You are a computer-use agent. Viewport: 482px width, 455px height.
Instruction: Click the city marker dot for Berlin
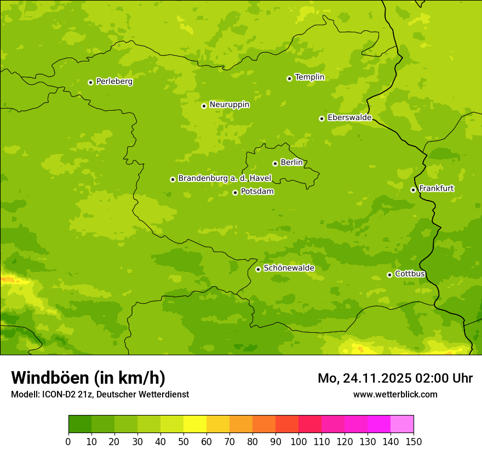pyautogui.click(x=275, y=163)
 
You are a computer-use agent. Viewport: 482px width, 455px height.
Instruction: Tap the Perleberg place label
pyautogui.click(x=114, y=82)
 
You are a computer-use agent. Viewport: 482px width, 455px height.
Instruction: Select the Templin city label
pyautogui.click(x=309, y=77)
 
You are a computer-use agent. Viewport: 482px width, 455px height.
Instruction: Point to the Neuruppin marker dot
pyautogui.click(x=204, y=106)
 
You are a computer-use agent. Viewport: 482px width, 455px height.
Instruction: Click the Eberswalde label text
pyautogui.click(x=349, y=118)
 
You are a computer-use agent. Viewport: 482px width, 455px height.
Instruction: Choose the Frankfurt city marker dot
pyautogui.click(x=413, y=190)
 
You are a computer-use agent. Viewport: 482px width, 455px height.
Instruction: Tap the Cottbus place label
pyautogui.click(x=410, y=274)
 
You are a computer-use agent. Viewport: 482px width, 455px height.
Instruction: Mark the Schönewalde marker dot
pyautogui.click(x=258, y=269)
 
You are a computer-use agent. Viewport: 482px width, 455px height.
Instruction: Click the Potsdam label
pyautogui.click(x=257, y=192)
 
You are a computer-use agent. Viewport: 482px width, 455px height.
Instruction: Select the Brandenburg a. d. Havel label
pyautogui.click(x=225, y=179)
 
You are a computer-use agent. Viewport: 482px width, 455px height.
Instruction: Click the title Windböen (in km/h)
pyautogui.click(x=88, y=378)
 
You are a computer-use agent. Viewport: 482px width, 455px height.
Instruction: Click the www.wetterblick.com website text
pyautogui.click(x=395, y=394)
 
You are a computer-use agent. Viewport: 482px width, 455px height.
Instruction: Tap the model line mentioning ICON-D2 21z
pyautogui.click(x=100, y=394)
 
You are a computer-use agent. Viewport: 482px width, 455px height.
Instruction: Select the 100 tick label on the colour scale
pyautogui.click(x=299, y=442)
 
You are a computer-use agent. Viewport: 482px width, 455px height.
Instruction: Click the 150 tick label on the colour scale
pyautogui.click(x=414, y=442)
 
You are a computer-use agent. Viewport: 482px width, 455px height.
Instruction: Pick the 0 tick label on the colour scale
pyautogui.click(x=68, y=442)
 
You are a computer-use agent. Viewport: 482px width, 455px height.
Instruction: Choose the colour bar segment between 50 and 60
pyautogui.click(x=195, y=424)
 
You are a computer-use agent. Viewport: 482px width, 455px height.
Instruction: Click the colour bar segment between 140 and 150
pyautogui.click(x=402, y=424)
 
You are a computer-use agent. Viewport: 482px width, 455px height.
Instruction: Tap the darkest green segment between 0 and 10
pyautogui.click(x=80, y=424)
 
